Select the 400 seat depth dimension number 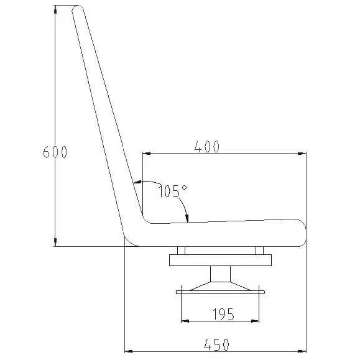tap(206, 147)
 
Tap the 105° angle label tap(172, 191)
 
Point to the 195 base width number tap(221, 315)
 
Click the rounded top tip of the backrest tap(78, 11)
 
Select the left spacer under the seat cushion tap(181, 251)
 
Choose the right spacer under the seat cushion tap(260, 251)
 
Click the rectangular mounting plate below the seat tap(221, 260)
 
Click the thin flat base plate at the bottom tap(221, 292)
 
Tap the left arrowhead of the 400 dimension tap(147, 153)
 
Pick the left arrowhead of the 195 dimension tap(185, 321)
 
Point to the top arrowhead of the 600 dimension tap(55, 11)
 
